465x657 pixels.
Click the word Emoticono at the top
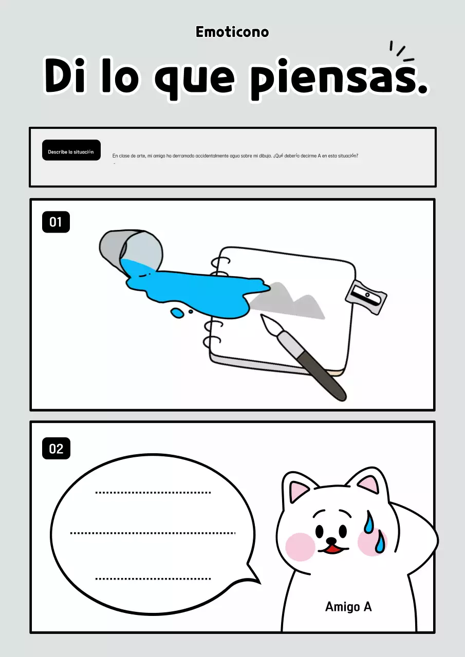(x=232, y=32)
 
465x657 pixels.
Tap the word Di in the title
(x=65, y=75)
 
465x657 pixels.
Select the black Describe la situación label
(x=71, y=150)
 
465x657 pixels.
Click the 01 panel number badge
(x=56, y=222)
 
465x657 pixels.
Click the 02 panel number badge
(x=56, y=449)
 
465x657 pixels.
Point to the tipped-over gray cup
(x=131, y=250)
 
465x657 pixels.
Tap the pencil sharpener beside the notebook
(x=366, y=297)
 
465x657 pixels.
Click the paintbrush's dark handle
(x=322, y=375)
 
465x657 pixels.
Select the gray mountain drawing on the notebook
(x=288, y=301)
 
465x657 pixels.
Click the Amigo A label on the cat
(x=348, y=607)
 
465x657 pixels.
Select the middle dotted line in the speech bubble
(x=153, y=533)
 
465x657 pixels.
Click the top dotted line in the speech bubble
(x=153, y=493)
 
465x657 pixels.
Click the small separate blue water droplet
(x=177, y=313)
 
